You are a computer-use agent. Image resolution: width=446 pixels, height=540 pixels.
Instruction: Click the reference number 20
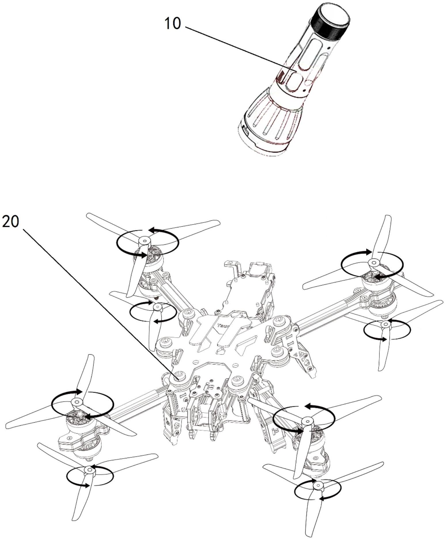pos(10,222)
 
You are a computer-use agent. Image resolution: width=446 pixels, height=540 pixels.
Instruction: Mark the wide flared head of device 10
pos(269,124)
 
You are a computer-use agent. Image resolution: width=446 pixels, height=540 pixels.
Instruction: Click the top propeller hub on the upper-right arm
pos(373,263)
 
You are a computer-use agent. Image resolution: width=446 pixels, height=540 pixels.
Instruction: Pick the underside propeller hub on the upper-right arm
pos(385,325)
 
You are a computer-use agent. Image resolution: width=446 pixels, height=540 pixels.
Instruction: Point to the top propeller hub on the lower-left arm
pos(77,402)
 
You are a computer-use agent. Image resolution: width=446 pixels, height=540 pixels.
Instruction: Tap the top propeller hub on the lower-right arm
pos(307,421)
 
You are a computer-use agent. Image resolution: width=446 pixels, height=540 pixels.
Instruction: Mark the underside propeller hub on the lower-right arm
pos(318,486)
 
